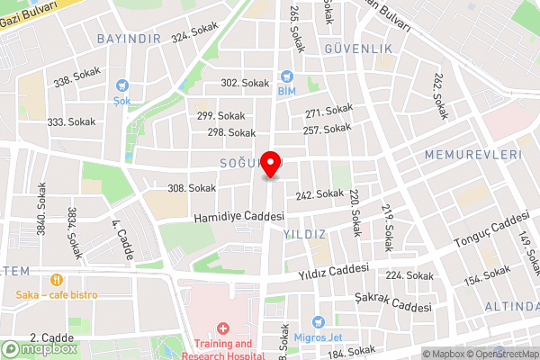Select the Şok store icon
click(x=122, y=87)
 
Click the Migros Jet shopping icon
click(x=317, y=322)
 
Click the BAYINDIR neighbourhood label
click(x=128, y=39)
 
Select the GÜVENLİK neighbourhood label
click(x=358, y=48)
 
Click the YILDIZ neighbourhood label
click(x=305, y=234)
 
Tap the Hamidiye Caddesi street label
click(x=238, y=218)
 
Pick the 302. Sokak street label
click(x=245, y=83)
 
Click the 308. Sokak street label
click(x=191, y=188)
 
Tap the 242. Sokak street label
click(x=319, y=193)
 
